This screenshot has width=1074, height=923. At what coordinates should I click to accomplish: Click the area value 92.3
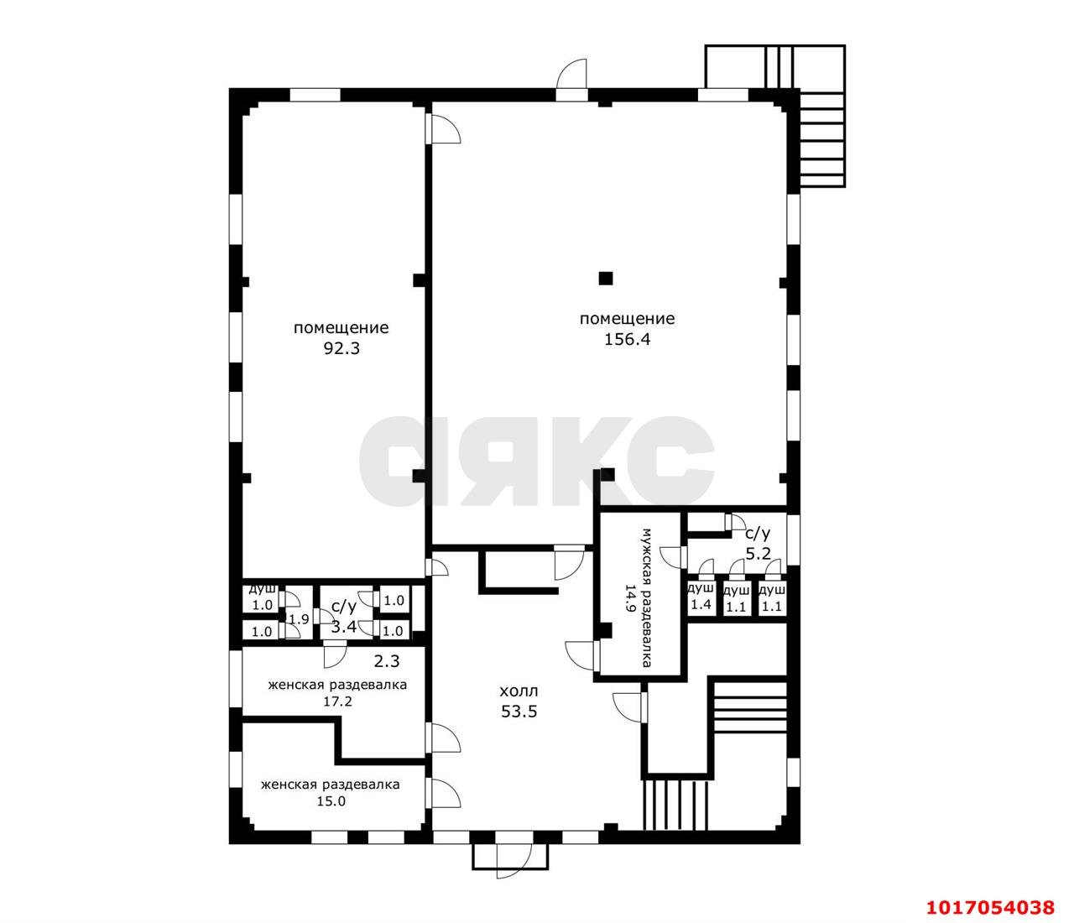[x=341, y=348]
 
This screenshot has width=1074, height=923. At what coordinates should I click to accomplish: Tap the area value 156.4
[x=627, y=339]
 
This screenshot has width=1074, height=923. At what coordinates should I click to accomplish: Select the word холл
[x=519, y=691]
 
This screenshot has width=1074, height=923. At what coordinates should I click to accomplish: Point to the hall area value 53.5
[x=519, y=712]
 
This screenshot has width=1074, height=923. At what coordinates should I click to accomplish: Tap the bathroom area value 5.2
[x=758, y=554]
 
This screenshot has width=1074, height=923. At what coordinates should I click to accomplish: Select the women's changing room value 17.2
[x=338, y=701]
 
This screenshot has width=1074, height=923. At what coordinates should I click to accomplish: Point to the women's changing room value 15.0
[x=331, y=800]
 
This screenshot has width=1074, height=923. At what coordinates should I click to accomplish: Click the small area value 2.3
[x=387, y=661]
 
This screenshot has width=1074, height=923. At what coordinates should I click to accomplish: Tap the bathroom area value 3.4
[x=344, y=627]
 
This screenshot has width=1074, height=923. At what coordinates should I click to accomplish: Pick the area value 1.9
[x=300, y=619]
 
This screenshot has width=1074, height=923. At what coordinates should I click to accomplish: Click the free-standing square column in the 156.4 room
[x=605, y=278]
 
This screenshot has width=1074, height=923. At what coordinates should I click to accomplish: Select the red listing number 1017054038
[x=990, y=907]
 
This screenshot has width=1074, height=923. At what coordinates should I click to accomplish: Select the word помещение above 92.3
[x=341, y=328]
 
